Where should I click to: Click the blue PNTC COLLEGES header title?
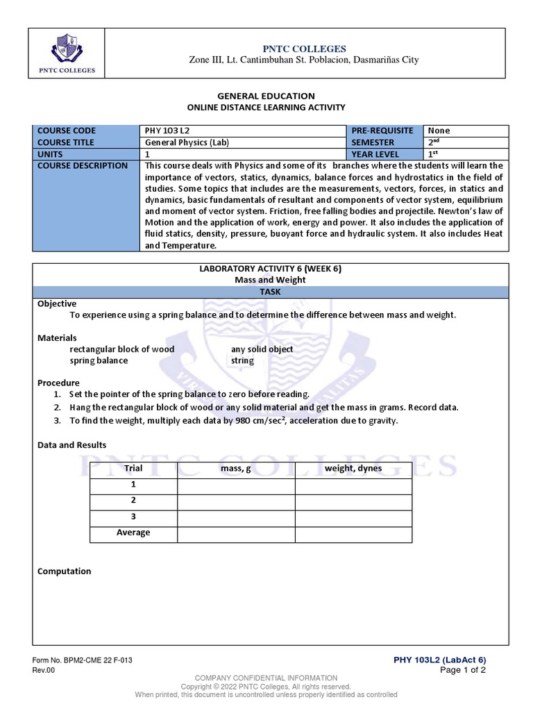tap(304, 48)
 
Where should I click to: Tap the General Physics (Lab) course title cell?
tap(185, 142)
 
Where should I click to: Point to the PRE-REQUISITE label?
tap(382, 131)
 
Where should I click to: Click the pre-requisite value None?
tap(439, 131)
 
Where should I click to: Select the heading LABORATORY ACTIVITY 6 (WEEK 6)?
tap(270, 269)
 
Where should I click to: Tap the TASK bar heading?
tap(270, 292)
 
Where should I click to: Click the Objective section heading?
tap(57, 303)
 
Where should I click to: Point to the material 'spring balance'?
tap(99, 360)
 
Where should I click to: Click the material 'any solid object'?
tap(262, 349)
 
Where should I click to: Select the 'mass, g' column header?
tap(236, 469)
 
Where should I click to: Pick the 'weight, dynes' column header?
tap(353, 469)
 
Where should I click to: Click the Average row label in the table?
tap(133, 533)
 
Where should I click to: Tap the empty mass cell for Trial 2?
tap(236, 501)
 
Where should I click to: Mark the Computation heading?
tap(64, 571)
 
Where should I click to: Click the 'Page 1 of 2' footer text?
tap(463, 670)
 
